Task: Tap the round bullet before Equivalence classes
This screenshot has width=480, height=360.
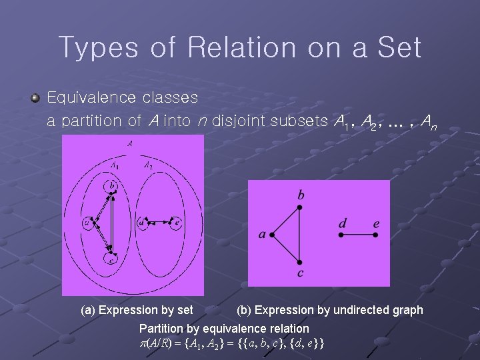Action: coord(36,98)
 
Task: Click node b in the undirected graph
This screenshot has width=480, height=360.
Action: coord(300,207)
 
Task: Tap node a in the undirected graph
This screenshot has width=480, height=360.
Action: coord(273,235)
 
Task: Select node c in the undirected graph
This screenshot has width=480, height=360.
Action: coord(300,261)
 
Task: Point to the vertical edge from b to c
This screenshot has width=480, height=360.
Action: coord(300,235)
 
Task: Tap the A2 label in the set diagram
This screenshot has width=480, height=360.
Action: coord(149,166)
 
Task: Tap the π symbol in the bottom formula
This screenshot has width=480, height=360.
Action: coord(142,343)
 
